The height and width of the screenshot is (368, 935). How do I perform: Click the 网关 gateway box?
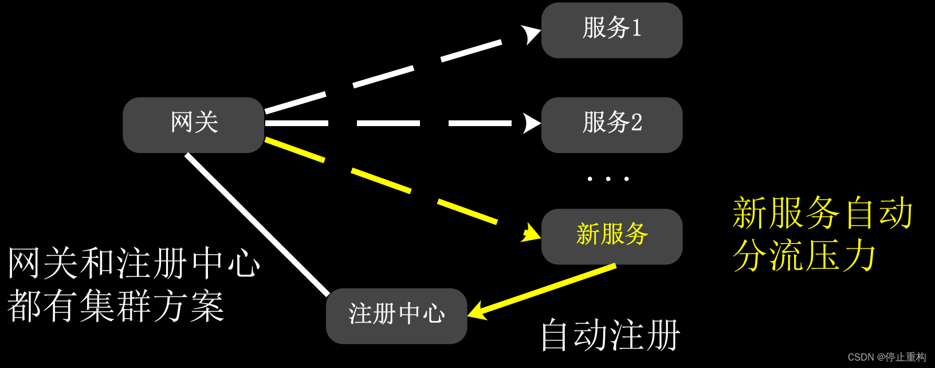[x=194, y=124]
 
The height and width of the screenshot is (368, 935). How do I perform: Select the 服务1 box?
[x=611, y=30]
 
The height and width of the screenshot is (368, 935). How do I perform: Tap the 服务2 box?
[x=611, y=124]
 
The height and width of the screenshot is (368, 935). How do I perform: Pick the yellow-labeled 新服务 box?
[x=611, y=236]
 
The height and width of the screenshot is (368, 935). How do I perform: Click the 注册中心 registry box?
[x=396, y=316]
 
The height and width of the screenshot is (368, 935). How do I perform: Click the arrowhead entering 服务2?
[x=531, y=123]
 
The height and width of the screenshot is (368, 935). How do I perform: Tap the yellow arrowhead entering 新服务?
[x=531, y=233]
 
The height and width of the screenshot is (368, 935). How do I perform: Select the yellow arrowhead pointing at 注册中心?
[x=477, y=311]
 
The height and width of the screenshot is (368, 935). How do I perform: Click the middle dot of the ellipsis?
[x=608, y=179]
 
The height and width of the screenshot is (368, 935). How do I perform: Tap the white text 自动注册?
[x=610, y=335]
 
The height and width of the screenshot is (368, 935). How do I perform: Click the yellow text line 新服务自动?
[x=822, y=213]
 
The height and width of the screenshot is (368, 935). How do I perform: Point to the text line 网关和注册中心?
[x=133, y=264]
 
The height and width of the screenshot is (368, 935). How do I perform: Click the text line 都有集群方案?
[x=115, y=306]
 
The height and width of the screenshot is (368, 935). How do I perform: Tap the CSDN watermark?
[x=886, y=357]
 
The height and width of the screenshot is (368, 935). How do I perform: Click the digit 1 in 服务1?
[x=636, y=28]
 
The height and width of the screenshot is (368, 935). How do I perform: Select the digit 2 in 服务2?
[x=636, y=123]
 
